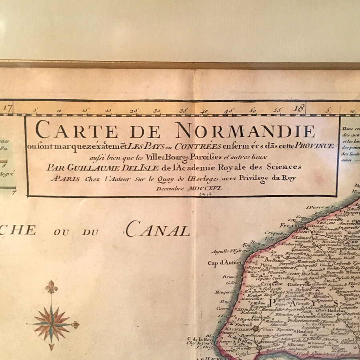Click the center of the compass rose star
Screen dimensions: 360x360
[51, 323]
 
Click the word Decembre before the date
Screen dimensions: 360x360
[171, 188]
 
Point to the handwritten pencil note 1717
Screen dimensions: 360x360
[207, 194]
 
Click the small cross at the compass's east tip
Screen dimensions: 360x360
[75, 324]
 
